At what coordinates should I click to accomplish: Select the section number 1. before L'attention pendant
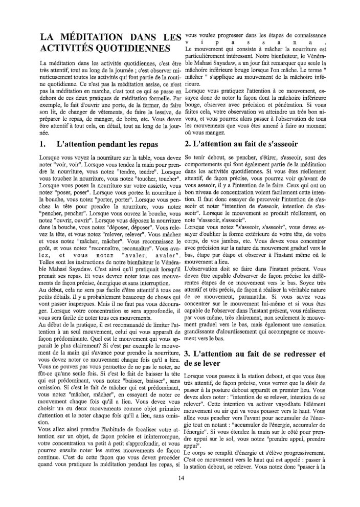click(43, 144)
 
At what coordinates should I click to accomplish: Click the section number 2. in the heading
click(188, 144)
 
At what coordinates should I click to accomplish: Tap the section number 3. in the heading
click(188, 354)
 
